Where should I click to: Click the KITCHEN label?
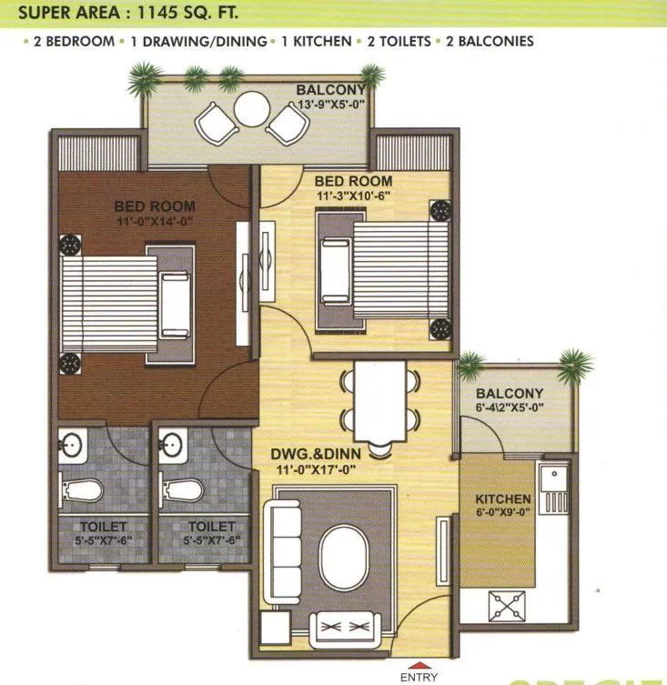(503, 499)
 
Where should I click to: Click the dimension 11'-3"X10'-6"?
(356, 196)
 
